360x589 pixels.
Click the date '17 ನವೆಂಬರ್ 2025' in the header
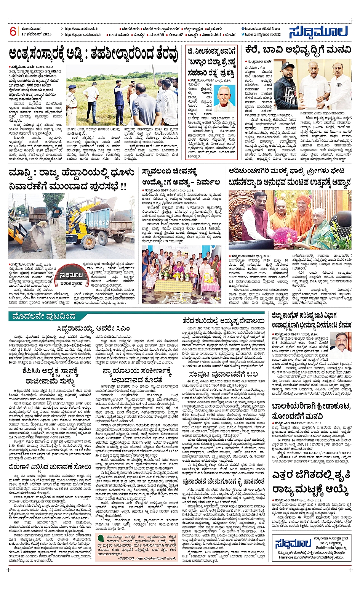coord(37,34)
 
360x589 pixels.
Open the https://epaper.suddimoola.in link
coord(83,35)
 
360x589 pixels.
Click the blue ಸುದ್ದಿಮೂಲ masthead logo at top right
coord(318,32)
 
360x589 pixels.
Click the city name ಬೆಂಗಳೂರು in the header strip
coord(130,29)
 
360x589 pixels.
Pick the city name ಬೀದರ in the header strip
coord(230,35)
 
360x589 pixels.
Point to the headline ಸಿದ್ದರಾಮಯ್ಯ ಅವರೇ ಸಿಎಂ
coord(94,328)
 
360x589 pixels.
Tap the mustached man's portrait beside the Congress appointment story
coord(341,345)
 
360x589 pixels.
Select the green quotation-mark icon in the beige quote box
coord(99,538)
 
